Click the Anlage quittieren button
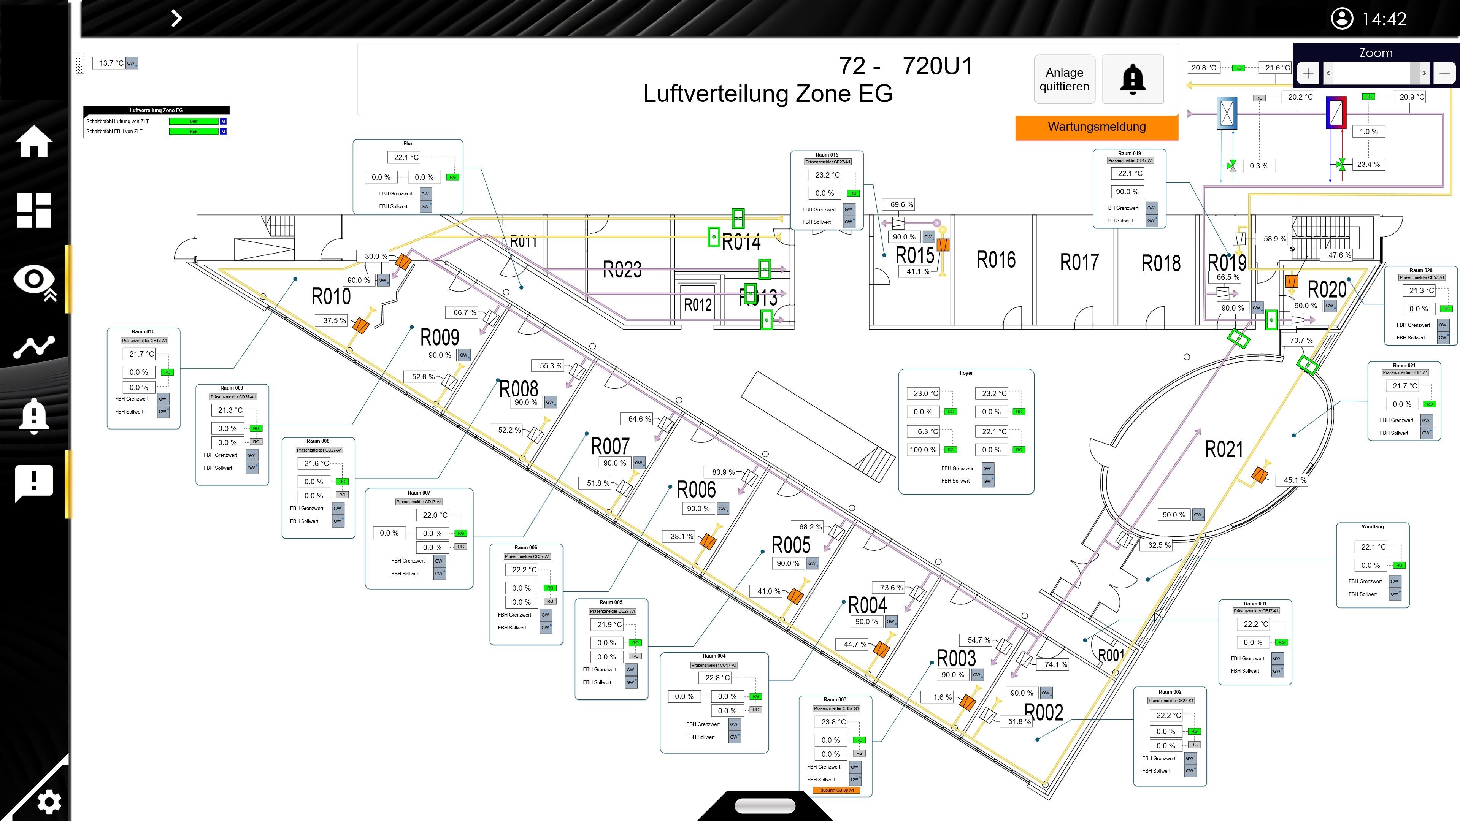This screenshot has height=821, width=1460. (1064, 79)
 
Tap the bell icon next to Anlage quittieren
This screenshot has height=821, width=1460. (1132, 79)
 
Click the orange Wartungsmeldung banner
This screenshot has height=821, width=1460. (1096, 127)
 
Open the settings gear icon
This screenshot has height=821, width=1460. (48, 801)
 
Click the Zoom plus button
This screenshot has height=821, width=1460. (1308, 73)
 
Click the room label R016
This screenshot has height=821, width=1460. (996, 260)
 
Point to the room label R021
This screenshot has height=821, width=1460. (1223, 449)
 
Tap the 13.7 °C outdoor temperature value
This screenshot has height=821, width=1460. (111, 63)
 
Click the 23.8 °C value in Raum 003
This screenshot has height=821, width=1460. (833, 722)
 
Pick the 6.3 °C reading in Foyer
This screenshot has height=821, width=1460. (923, 431)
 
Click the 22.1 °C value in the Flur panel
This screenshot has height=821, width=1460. (406, 157)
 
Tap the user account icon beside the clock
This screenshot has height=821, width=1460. (1341, 19)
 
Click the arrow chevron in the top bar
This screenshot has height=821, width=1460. (176, 18)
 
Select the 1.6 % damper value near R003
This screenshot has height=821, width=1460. (942, 697)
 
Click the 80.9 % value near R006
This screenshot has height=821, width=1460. (723, 472)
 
